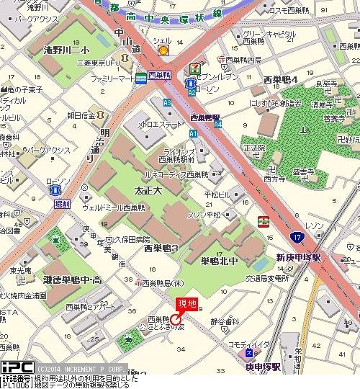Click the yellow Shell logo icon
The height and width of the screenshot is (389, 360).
(163, 50)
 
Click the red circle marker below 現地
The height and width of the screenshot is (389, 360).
(176, 319)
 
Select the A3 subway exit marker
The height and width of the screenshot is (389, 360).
(168, 103)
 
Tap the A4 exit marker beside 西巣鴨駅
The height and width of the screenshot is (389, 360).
(217, 124)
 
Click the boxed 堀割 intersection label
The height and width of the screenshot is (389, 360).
(62, 205)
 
